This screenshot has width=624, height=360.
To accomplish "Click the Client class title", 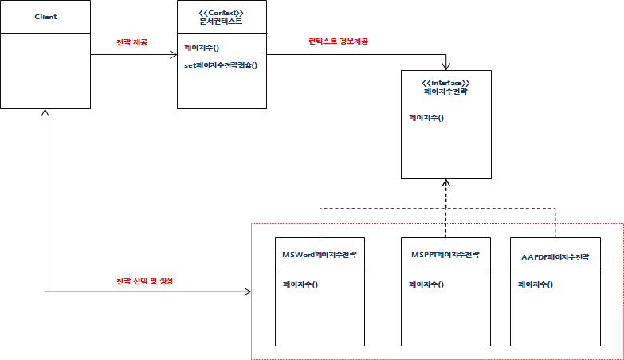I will [45, 17].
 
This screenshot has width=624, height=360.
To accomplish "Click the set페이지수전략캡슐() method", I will [220, 65].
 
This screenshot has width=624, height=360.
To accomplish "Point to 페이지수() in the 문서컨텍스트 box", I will [201, 49].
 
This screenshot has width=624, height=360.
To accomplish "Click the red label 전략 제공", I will [131, 42].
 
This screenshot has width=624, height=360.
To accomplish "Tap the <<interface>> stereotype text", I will [445, 83].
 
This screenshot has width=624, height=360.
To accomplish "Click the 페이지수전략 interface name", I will [445, 92].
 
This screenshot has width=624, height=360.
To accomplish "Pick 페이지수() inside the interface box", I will [426, 118].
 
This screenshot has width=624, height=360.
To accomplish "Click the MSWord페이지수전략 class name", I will [319, 255].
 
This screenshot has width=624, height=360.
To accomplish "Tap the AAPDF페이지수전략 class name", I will [555, 256].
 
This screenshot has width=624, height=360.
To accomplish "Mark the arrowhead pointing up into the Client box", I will [45, 113].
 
